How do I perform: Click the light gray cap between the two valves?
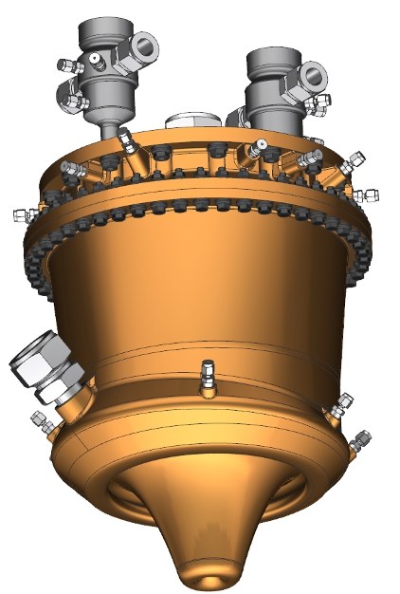197,121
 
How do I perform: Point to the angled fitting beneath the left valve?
124,143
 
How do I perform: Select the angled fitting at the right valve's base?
257,147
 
